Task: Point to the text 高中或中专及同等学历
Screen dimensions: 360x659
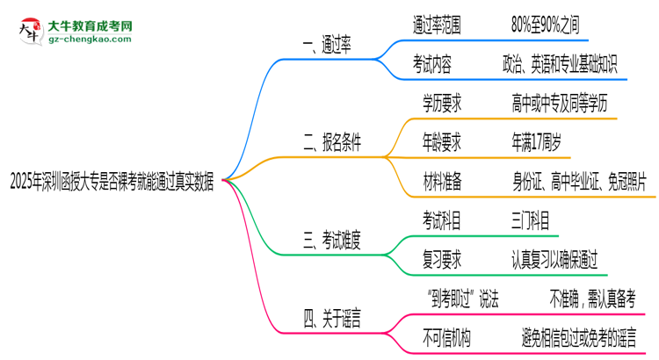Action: [558, 104]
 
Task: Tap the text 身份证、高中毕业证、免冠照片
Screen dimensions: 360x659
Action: [579, 181]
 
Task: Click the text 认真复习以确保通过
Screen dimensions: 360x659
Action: [554, 258]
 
